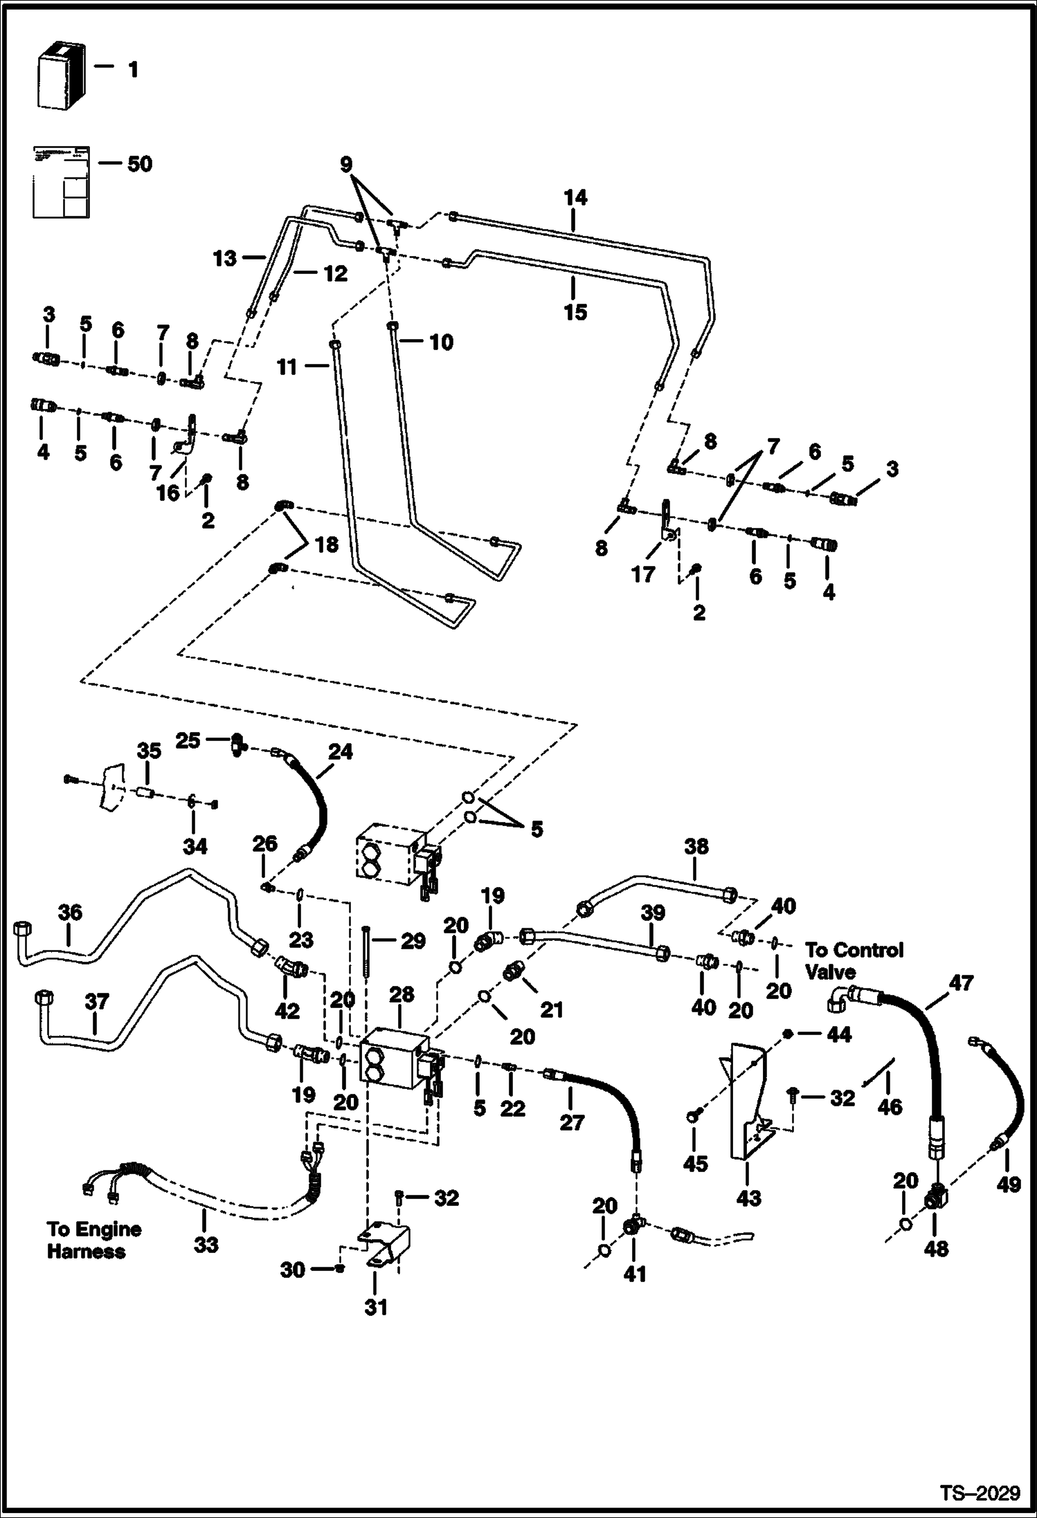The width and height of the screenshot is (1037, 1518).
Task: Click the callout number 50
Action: pos(139,164)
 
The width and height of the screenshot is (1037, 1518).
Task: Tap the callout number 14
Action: pos(575,198)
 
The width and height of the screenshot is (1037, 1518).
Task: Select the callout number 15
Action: pos(575,311)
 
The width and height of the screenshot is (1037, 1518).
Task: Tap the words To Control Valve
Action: pos(854,961)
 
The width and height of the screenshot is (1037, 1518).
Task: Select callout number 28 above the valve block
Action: pos(402,994)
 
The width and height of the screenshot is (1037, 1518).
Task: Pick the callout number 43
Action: pos(749,1198)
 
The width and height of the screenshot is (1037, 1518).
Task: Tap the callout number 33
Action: pos(206,1245)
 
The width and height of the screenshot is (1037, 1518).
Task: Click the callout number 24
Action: pos(340,751)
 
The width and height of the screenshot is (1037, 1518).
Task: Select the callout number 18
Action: pos(326,545)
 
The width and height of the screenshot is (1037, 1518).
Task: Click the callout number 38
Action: pos(696,846)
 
